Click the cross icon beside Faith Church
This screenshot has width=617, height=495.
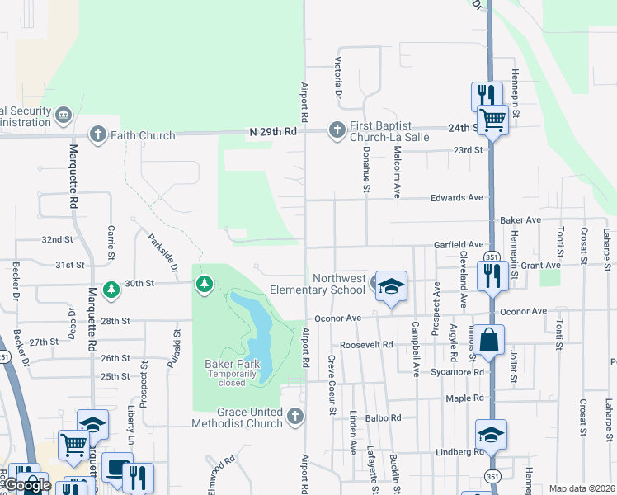coord(97,134)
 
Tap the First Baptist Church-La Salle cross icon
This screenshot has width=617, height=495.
coord(337,130)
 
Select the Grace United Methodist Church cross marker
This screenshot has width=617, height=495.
coord(296,417)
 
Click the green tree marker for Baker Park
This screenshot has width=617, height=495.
coord(204,285)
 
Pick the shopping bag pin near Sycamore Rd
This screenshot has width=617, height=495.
coord(488,339)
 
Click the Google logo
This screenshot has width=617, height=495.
coord(27,485)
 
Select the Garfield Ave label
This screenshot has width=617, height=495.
coord(459,245)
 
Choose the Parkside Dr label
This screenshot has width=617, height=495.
coord(163,253)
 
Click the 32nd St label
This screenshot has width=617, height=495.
coord(58,239)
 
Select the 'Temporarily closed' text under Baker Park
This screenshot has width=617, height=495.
coord(232,379)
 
